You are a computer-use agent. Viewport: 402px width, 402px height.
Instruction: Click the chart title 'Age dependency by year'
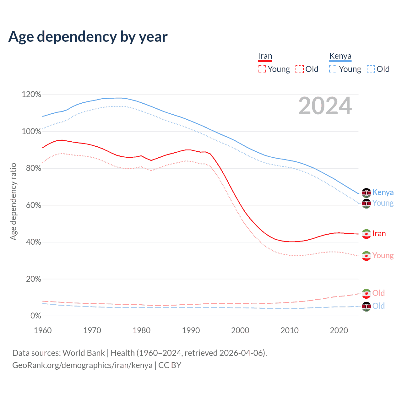(x=88, y=37)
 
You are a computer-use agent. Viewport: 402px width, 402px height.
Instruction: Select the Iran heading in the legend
(x=265, y=56)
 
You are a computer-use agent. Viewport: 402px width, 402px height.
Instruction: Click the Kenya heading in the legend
(x=340, y=56)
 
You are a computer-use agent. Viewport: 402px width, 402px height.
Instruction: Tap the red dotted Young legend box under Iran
(x=262, y=69)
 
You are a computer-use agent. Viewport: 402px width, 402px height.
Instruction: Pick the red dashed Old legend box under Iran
(x=300, y=69)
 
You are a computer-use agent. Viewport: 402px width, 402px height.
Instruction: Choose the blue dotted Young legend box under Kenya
(x=333, y=69)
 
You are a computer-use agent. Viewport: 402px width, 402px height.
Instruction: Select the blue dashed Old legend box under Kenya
(x=371, y=69)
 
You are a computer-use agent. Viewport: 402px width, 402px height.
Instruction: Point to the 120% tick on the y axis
(x=31, y=95)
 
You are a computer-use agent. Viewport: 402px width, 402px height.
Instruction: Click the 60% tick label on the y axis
(x=33, y=205)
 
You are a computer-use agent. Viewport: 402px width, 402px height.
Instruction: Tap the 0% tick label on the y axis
(x=35, y=316)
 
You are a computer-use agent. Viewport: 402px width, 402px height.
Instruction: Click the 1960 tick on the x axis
(x=43, y=330)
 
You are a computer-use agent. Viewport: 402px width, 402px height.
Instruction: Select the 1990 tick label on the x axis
(x=191, y=330)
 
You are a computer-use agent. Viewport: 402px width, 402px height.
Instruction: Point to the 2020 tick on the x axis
(x=339, y=330)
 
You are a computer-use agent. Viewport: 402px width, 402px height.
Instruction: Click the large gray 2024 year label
(x=325, y=106)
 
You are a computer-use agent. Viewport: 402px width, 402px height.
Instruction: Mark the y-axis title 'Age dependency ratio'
(x=13, y=201)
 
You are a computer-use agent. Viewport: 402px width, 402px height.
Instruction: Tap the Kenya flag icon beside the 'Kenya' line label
(x=366, y=193)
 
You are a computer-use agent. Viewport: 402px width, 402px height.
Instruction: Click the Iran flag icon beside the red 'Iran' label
(x=366, y=234)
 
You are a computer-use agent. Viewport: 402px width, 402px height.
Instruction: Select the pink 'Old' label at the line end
(x=378, y=293)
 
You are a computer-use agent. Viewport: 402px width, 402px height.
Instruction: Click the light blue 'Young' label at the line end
(x=383, y=203)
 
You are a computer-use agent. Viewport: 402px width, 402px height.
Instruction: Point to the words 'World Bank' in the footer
(x=84, y=353)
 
